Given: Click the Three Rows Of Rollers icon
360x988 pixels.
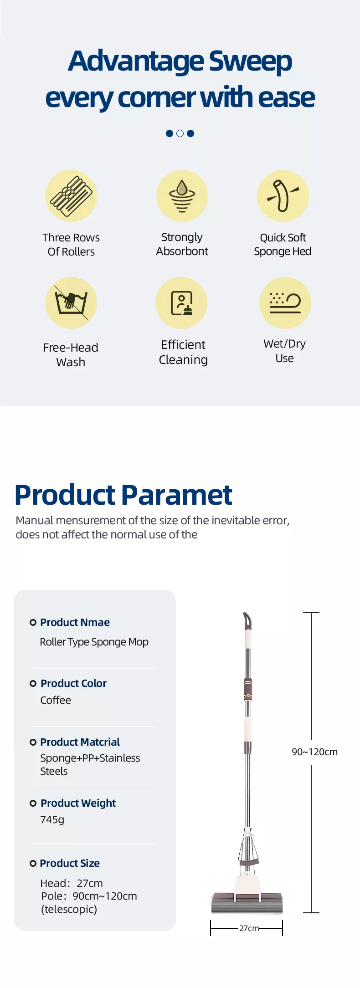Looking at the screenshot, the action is [71, 196].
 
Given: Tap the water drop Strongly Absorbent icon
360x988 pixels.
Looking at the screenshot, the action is [182, 196].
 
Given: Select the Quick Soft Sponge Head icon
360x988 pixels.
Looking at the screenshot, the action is [283, 196].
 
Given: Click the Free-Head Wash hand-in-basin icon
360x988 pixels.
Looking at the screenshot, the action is [71, 303].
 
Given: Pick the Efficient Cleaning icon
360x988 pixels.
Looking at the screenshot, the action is [181, 303].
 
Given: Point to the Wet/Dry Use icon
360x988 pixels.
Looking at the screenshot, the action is [285, 303].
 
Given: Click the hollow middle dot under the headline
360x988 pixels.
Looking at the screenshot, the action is [180, 133].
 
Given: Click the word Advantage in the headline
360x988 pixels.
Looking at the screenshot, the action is [135, 61].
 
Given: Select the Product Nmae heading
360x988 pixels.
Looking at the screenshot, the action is [75, 622].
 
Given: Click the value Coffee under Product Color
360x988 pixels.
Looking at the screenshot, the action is [56, 700].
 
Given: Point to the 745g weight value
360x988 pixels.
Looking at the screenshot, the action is [52, 819].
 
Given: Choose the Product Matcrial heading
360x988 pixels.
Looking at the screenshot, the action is [80, 742].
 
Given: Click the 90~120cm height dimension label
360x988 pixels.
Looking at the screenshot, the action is [315, 752].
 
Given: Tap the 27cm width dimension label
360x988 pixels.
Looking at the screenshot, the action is [249, 928].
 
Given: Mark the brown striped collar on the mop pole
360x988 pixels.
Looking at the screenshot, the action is [248, 689].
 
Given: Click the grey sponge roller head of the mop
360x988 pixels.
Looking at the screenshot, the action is [247, 903].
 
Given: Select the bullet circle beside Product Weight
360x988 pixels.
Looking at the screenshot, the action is [33, 803].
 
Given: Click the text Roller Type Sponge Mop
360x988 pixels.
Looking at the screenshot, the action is [94, 642].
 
